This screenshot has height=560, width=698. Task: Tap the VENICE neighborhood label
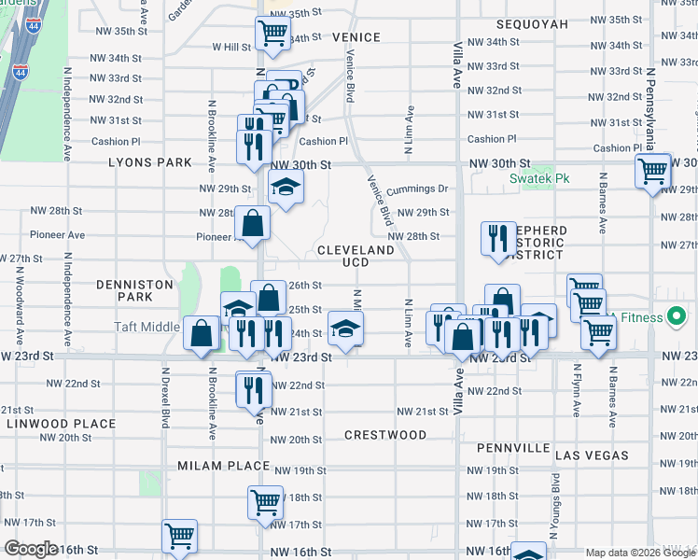point(356,37)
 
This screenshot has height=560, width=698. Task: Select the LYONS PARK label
point(149,162)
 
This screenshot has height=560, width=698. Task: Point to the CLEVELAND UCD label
point(356,257)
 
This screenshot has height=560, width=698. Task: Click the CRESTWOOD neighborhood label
point(385,435)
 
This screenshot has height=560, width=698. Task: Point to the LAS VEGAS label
point(592,455)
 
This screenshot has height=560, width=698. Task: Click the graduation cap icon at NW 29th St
point(286,187)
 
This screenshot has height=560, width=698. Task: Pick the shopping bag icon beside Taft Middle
point(202,331)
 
